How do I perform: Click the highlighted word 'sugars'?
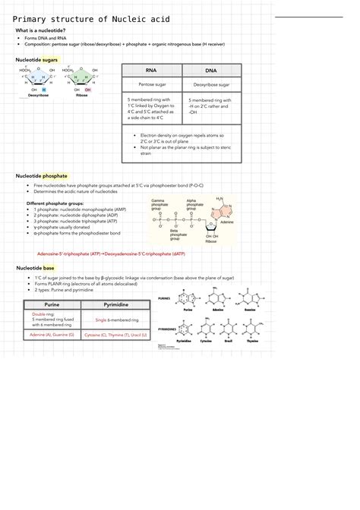click(50, 58)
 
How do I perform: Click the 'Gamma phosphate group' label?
click(159, 204)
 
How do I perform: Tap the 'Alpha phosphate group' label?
click(195, 204)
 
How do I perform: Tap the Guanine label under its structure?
click(250, 310)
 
